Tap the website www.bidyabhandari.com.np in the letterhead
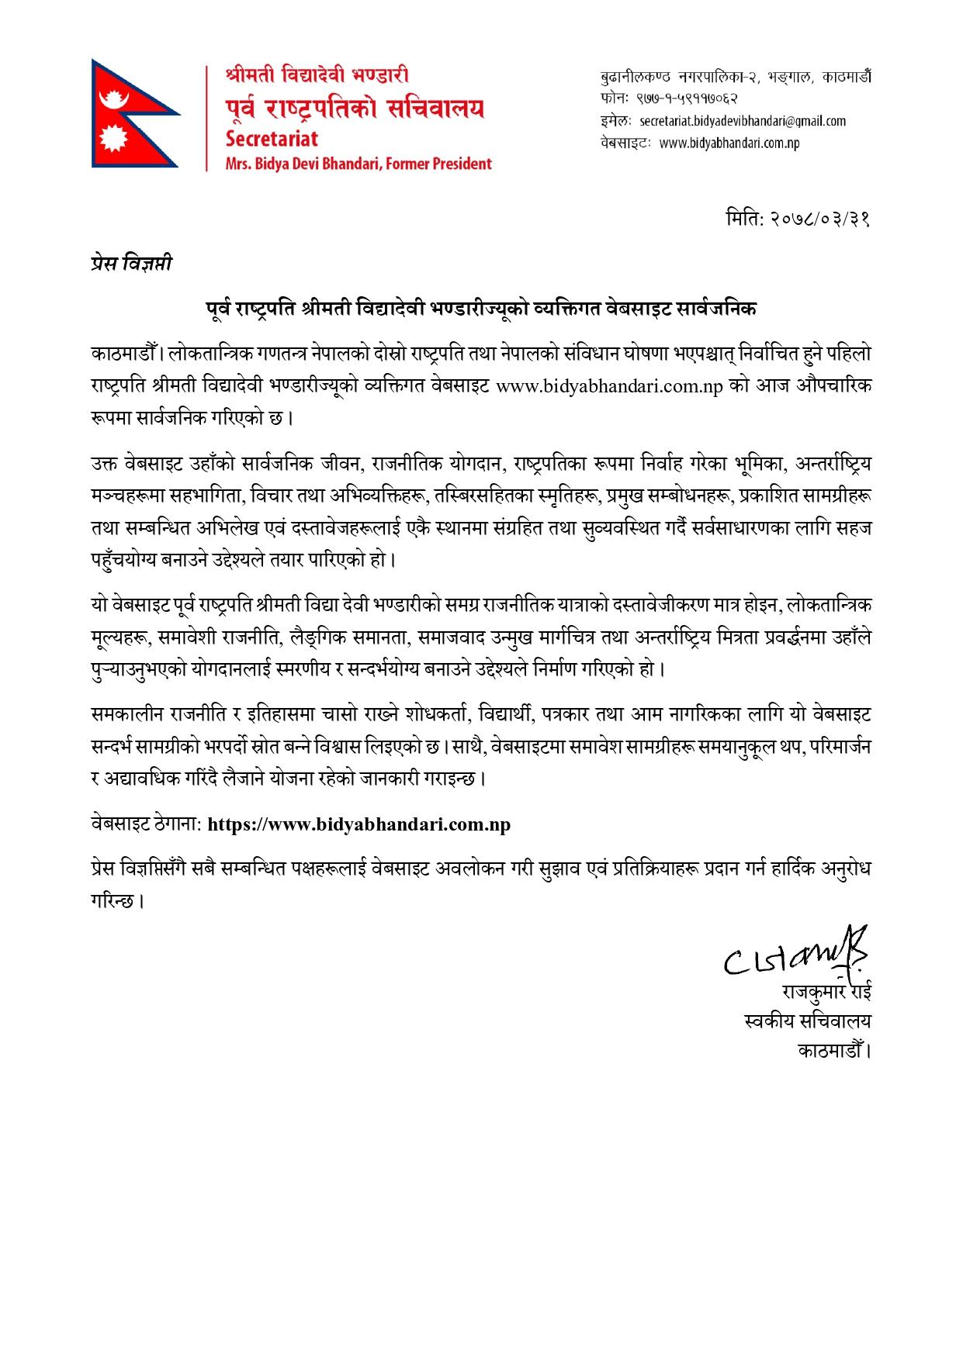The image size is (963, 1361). click(x=729, y=143)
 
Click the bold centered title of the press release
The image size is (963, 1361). click(x=481, y=309)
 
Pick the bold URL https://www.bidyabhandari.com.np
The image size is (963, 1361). click(x=360, y=824)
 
